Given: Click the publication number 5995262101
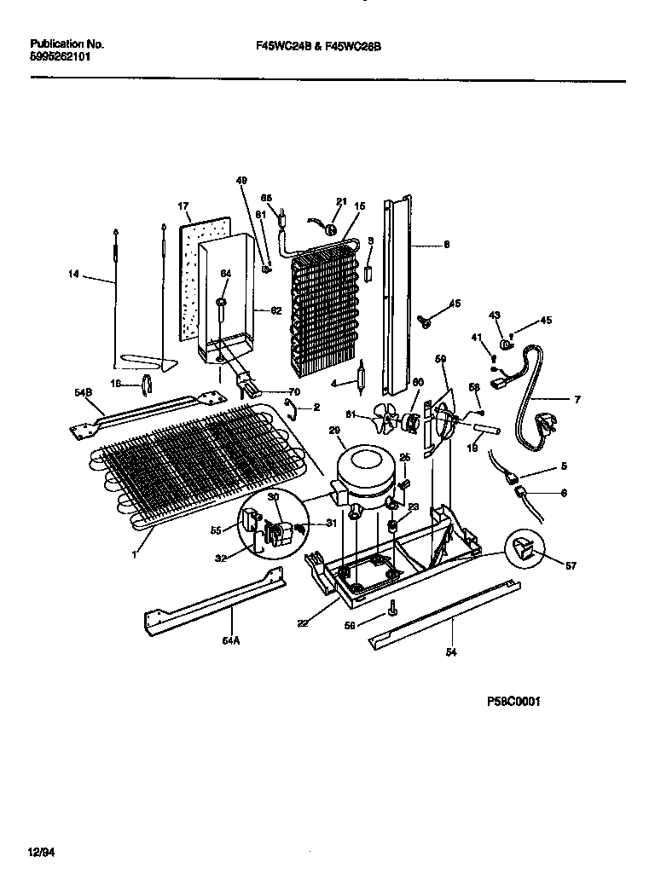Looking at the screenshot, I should (59, 56).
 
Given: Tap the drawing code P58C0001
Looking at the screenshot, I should (514, 702).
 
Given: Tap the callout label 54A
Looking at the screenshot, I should (231, 640).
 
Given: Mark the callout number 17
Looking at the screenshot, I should (183, 206).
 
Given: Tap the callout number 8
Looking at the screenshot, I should (446, 244).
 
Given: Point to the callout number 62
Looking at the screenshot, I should (275, 311).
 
